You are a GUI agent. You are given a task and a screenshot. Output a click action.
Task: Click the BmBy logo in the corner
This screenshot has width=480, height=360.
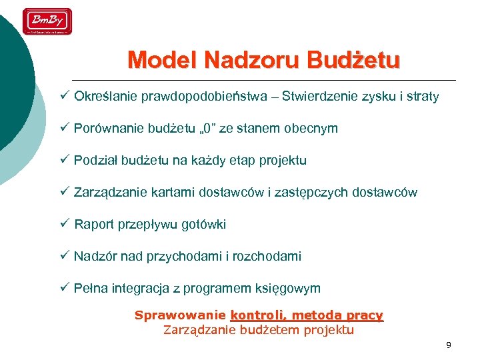tap(47, 21)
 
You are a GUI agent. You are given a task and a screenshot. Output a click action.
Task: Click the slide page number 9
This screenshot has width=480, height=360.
tap(449, 345)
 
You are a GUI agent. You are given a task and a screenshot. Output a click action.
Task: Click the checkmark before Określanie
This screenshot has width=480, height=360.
tap(65, 95)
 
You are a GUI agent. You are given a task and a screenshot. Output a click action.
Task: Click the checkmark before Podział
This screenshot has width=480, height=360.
tap(65, 159)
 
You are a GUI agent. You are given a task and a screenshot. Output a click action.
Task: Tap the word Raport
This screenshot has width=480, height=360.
tap(93, 225)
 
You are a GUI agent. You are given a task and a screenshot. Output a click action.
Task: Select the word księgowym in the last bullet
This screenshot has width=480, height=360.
tap(291, 289)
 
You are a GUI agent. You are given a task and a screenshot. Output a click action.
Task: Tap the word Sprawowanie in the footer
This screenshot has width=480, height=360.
tap(180, 315)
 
